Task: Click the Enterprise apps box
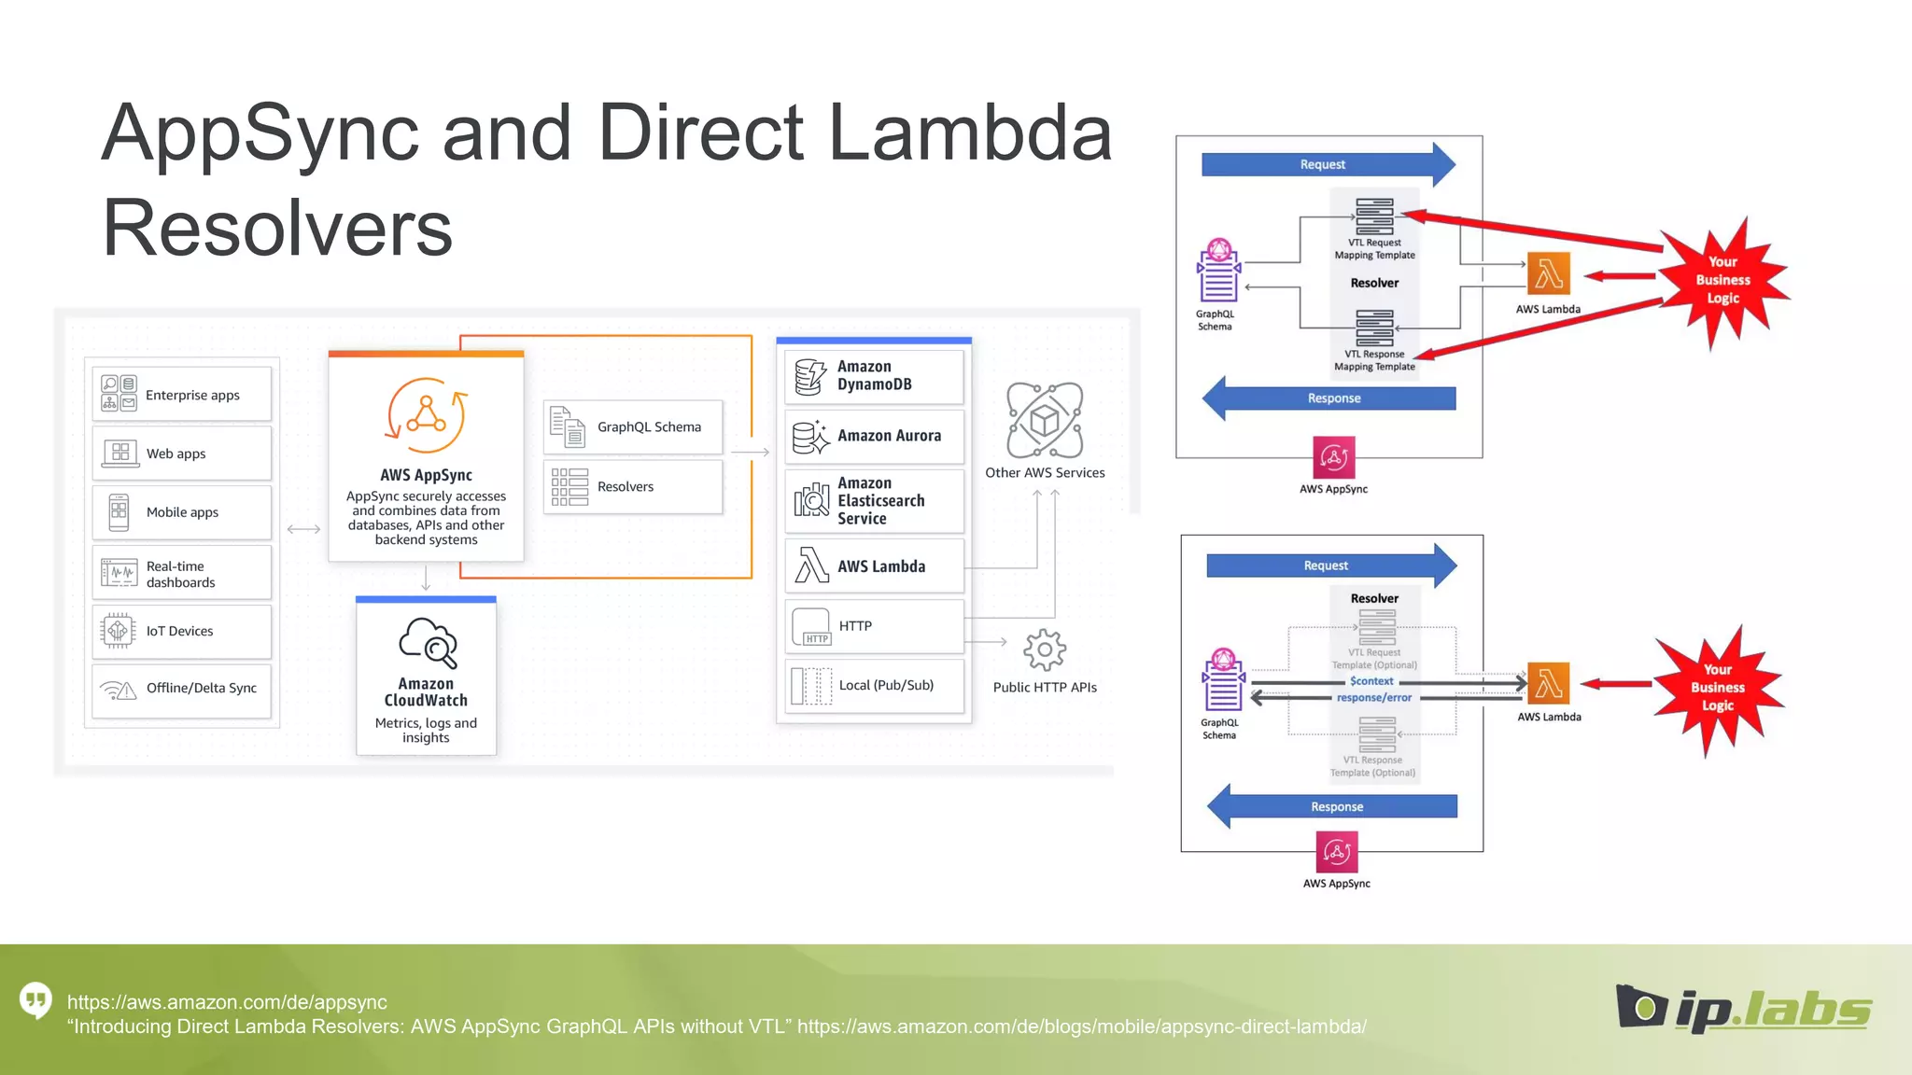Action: (x=182, y=395)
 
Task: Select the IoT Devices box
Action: (x=182, y=632)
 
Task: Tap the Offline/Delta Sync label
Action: (x=201, y=689)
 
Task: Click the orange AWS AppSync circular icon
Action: (x=426, y=415)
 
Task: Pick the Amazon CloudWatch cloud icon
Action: (x=428, y=642)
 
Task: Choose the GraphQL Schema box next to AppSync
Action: (x=633, y=427)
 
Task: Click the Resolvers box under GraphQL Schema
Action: (x=633, y=487)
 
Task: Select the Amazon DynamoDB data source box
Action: (x=874, y=376)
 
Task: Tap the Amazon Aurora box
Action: (x=874, y=436)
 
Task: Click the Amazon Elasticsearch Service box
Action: (x=874, y=501)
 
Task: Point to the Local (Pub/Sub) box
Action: (x=874, y=686)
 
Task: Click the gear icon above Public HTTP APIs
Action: (x=1044, y=649)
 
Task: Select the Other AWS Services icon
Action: (x=1044, y=420)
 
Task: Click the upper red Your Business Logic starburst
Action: (x=1722, y=280)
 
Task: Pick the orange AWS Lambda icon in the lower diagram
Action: (x=1549, y=683)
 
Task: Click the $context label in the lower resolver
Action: (x=1371, y=681)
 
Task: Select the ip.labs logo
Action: (x=1744, y=1009)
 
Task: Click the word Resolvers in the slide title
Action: (x=277, y=229)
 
